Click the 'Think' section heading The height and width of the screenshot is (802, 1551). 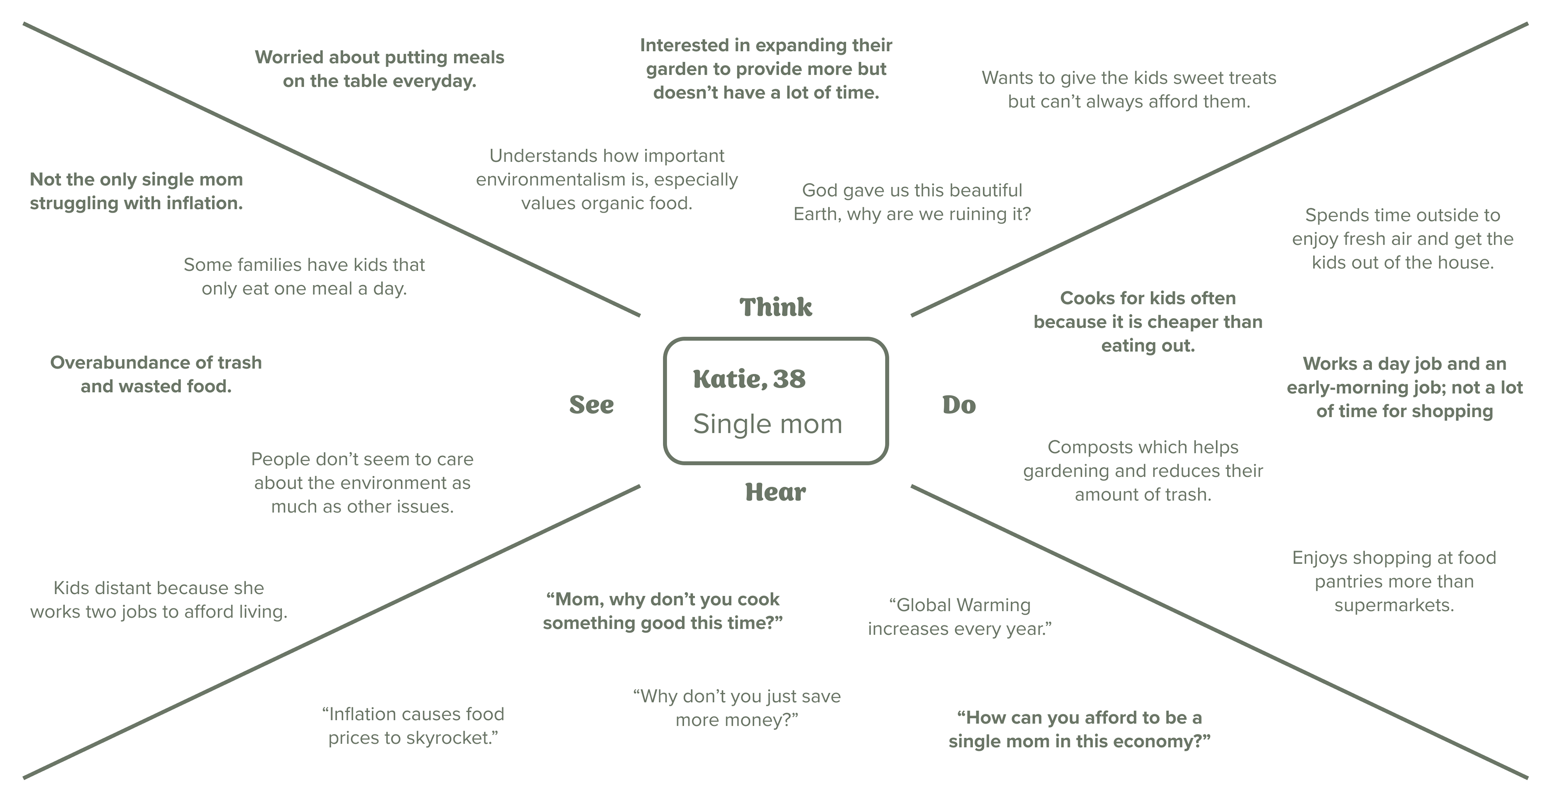pyautogui.click(x=775, y=307)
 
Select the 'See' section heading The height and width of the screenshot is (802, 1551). pyautogui.click(x=591, y=405)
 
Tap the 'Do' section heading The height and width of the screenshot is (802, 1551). pyautogui.click(x=958, y=405)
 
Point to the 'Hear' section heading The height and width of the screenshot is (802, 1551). pyautogui.click(x=775, y=492)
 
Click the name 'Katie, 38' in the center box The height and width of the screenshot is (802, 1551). pyautogui.click(x=749, y=379)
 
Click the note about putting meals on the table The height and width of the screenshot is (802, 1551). pyautogui.click(x=379, y=69)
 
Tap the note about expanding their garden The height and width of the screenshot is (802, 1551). pyautogui.click(x=766, y=69)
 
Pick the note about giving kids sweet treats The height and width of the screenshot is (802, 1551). pyautogui.click(x=1129, y=89)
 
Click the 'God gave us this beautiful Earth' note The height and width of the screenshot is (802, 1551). pyautogui.click(x=912, y=202)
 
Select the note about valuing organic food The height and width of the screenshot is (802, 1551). pyautogui.click(x=606, y=179)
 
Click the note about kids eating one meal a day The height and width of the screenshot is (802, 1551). pyautogui.click(x=304, y=276)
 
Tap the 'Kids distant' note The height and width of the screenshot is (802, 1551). pyautogui.click(x=158, y=599)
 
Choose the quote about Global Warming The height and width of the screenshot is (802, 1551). pyautogui.click(x=960, y=616)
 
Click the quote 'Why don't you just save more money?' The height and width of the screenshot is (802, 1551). pyautogui.click(x=737, y=708)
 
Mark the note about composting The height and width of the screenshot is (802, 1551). pyautogui.click(x=1143, y=471)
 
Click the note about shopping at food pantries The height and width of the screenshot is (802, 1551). pyautogui.click(x=1394, y=581)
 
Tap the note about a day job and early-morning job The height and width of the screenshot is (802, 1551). pyautogui.click(x=1404, y=387)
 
